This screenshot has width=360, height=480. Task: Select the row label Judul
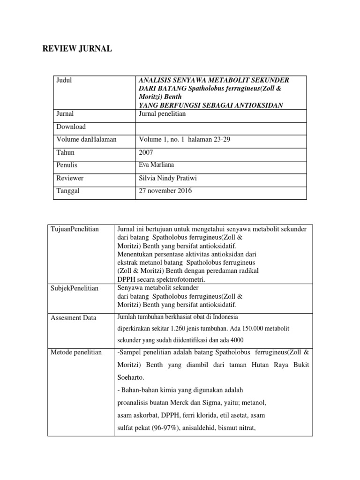65,80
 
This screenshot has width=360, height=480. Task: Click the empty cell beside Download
221,127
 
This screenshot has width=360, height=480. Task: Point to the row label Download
71,127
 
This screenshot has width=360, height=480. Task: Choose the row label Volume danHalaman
86,139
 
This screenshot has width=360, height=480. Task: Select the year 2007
146,152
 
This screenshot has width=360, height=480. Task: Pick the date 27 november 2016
165,191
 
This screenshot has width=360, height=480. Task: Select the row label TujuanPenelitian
75,229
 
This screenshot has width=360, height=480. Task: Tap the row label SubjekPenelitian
75,288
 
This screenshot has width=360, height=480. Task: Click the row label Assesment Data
73,318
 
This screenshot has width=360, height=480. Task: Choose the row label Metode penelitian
76,352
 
